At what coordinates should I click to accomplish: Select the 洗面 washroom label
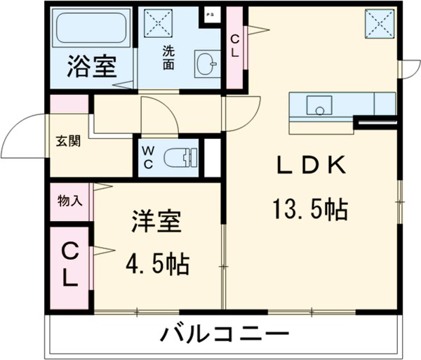pos(169,57)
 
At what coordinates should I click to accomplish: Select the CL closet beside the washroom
pos(235,46)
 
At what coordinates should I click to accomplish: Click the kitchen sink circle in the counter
pos(320,109)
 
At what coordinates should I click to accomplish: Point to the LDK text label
pos(309,166)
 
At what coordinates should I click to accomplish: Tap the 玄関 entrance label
pos(68,140)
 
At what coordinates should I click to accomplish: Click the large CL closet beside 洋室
pos(69,265)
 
